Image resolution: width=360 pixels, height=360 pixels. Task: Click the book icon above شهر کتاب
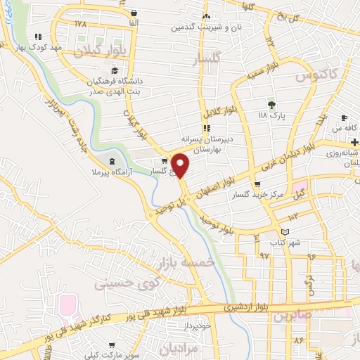(285, 232)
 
